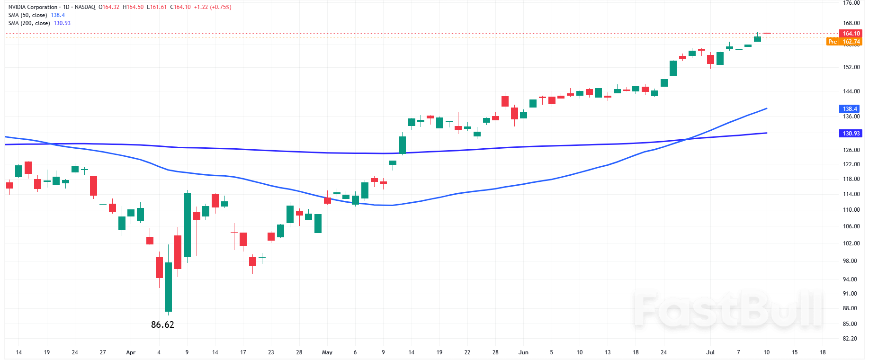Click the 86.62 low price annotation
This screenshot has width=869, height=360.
pyautogui.click(x=162, y=325)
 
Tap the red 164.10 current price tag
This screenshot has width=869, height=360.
pyautogui.click(x=851, y=34)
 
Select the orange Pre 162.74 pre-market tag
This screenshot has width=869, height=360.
pyautogui.click(x=844, y=42)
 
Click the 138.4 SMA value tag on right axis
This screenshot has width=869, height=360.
pyautogui.click(x=850, y=109)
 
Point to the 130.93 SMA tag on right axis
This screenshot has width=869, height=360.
pyautogui.click(x=851, y=134)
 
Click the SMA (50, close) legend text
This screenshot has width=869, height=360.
pyautogui.click(x=27, y=15)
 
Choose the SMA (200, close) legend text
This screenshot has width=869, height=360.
pyautogui.click(x=29, y=23)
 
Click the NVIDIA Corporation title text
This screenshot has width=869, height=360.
pyautogui.click(x=33, y=7)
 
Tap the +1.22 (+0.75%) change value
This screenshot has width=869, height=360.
pyautogui.click(x=213, y=7)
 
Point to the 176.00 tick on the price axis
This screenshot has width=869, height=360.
pyautogui.click(x=851, y=3)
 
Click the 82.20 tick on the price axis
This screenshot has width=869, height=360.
pyautogui.click(x=850, y=339)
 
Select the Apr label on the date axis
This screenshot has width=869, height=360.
pyautogui.click(x=131, y=352)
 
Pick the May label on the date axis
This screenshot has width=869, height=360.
pyautogui.click(x=327, y=352)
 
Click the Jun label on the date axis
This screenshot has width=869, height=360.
pyautogui.click(x=523, y=352)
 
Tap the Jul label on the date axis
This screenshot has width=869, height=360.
pyautogui.click(x=710, y=352)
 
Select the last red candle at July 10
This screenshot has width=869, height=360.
pyautogui.click(x=767, y=34)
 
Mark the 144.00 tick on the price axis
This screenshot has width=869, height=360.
pyautogui.click(x=851, y=91)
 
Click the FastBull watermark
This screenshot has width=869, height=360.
pyautogui.click(x=728, y=310)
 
